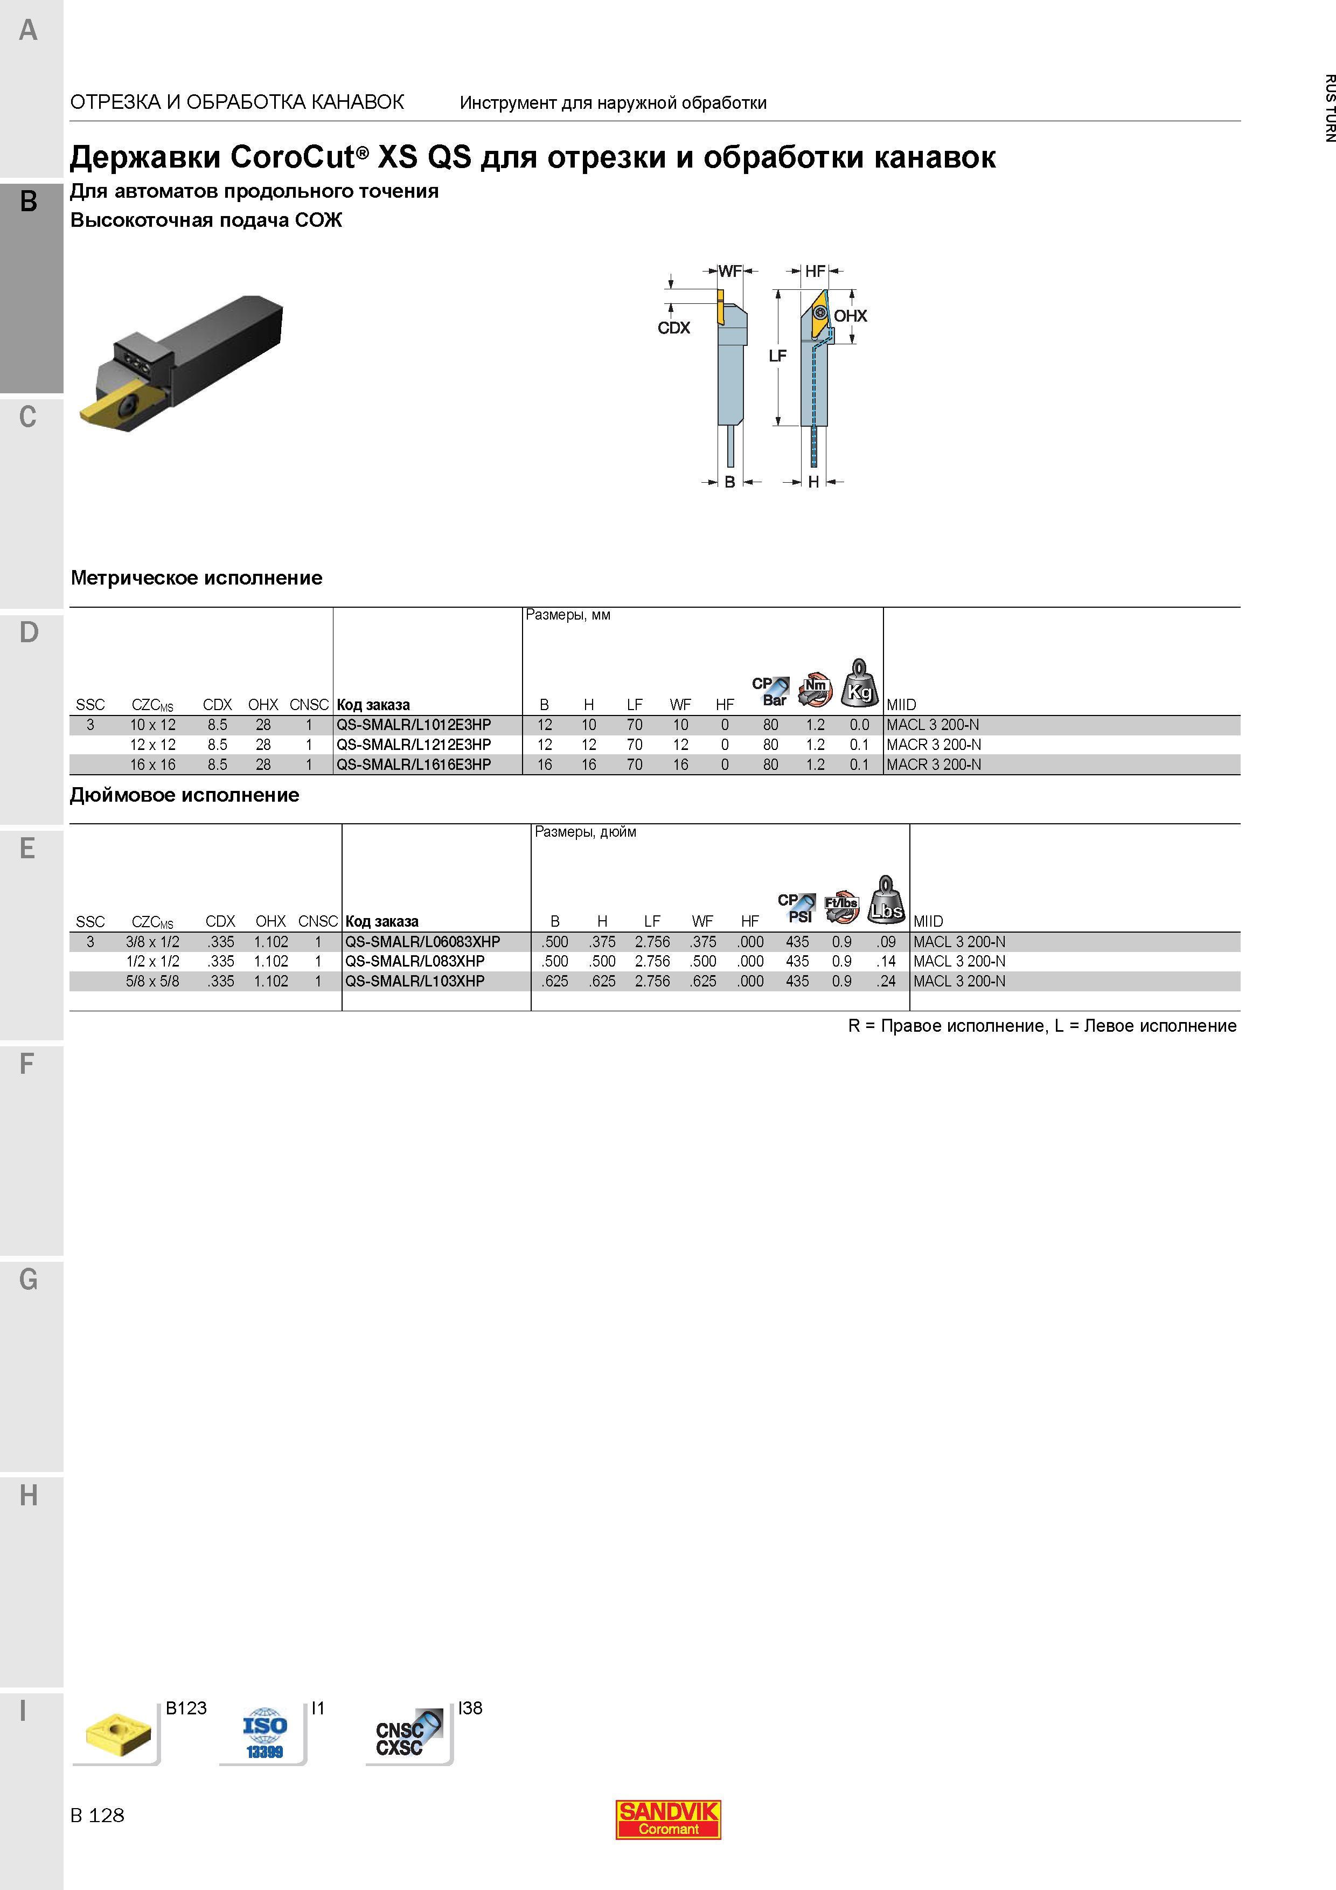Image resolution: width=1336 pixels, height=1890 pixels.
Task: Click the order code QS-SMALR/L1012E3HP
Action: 413,725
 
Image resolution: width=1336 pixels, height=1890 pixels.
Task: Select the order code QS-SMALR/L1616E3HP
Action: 413,765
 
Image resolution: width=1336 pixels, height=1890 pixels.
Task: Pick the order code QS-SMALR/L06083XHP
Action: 422,942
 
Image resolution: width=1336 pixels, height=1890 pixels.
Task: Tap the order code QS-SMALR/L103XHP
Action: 415,981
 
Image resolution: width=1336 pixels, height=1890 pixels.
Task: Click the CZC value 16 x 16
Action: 152,765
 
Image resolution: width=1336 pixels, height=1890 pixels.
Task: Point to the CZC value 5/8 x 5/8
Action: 152,981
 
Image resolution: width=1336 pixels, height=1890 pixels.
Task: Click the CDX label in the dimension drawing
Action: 673,328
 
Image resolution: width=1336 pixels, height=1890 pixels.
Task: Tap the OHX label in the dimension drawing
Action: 850,316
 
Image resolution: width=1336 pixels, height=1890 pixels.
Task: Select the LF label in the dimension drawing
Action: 777,356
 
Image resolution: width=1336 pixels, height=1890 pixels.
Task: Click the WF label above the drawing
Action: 730,271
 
